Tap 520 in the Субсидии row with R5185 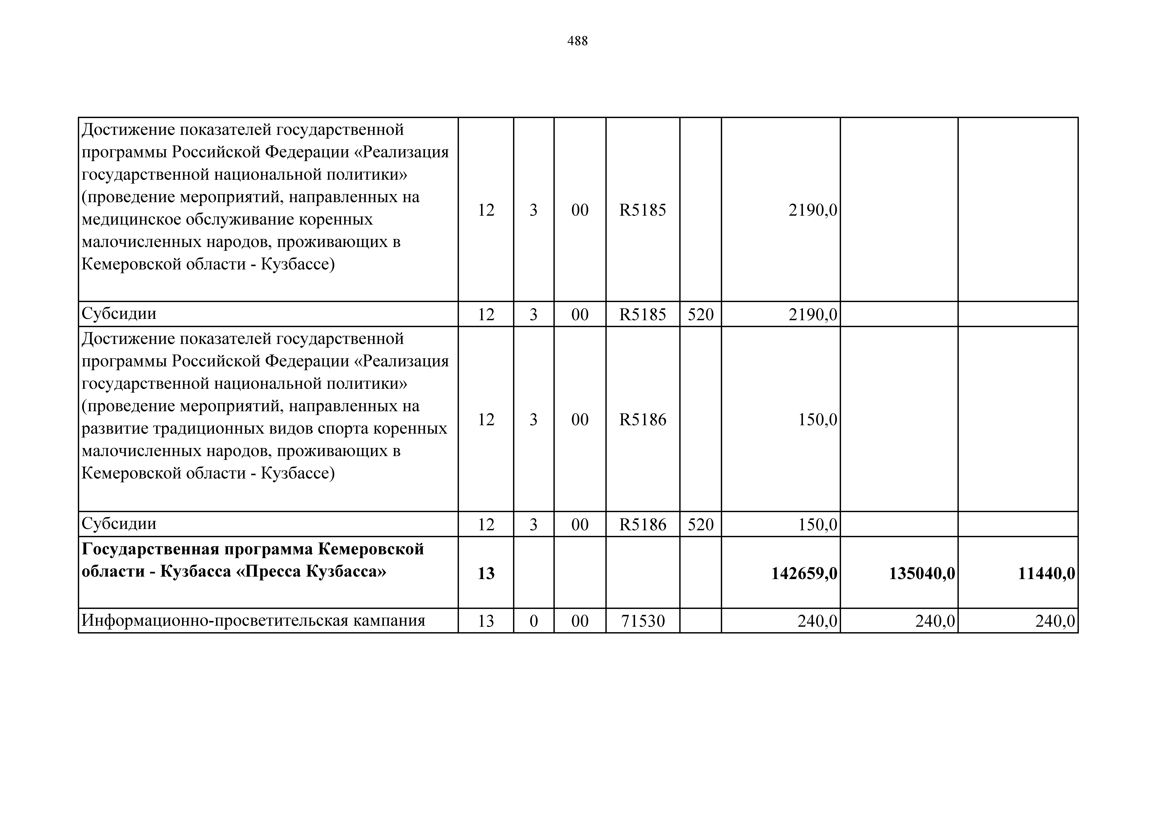pos(700,314)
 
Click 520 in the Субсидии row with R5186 pos(700,525)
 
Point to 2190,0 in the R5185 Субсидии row pos(813,314)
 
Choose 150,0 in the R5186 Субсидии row pos(817,525)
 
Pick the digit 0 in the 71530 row pos(534,621)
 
